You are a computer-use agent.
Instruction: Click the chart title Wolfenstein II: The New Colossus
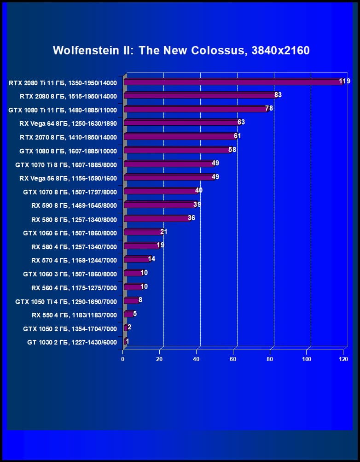tap(181, 50)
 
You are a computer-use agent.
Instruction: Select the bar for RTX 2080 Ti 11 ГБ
tap(232, 82)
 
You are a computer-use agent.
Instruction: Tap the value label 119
tap(344, 82)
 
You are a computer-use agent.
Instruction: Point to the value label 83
tap(278, 95)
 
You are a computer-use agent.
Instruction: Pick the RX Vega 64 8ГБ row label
tap(68, 123)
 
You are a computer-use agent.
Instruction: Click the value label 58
tap(232, 150)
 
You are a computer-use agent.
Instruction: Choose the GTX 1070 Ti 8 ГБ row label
tap(66, 164)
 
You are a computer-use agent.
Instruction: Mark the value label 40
tap(199, 190)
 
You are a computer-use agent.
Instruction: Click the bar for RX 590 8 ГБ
tap(160, 205)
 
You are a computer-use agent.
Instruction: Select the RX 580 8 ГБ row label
tap(74, 219)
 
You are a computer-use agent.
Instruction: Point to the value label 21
tap(164, 231)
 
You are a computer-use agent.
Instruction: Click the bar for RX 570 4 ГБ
tap(137, 260)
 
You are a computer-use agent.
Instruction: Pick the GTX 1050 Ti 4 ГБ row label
tap(66, 302)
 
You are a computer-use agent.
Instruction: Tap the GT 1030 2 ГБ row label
tap(72, 343)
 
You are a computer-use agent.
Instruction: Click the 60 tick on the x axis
tap(233, 359)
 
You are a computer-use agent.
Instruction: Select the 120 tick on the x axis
tap(343, 359)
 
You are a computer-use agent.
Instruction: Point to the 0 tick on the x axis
tap(123, 359)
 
